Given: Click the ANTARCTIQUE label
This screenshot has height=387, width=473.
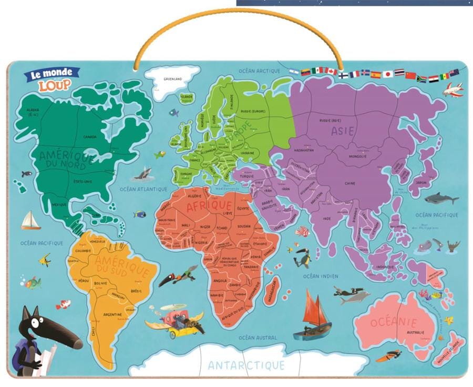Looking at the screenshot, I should (x=246, y=365).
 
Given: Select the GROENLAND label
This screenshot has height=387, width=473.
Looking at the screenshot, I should (x=172, y=79).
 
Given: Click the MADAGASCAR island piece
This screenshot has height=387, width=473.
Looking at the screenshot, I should (x=271, y=291).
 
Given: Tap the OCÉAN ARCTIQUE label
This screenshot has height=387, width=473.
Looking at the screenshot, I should (x=259, y=70).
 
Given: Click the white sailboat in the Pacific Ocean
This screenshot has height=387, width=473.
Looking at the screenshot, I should (x=30, y=221).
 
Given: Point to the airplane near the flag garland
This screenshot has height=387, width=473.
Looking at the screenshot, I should (x=453, y=90).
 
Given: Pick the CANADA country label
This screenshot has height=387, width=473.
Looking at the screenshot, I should (x=89, y=137).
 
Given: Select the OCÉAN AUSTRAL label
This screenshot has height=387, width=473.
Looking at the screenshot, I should (x=258, y=338).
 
